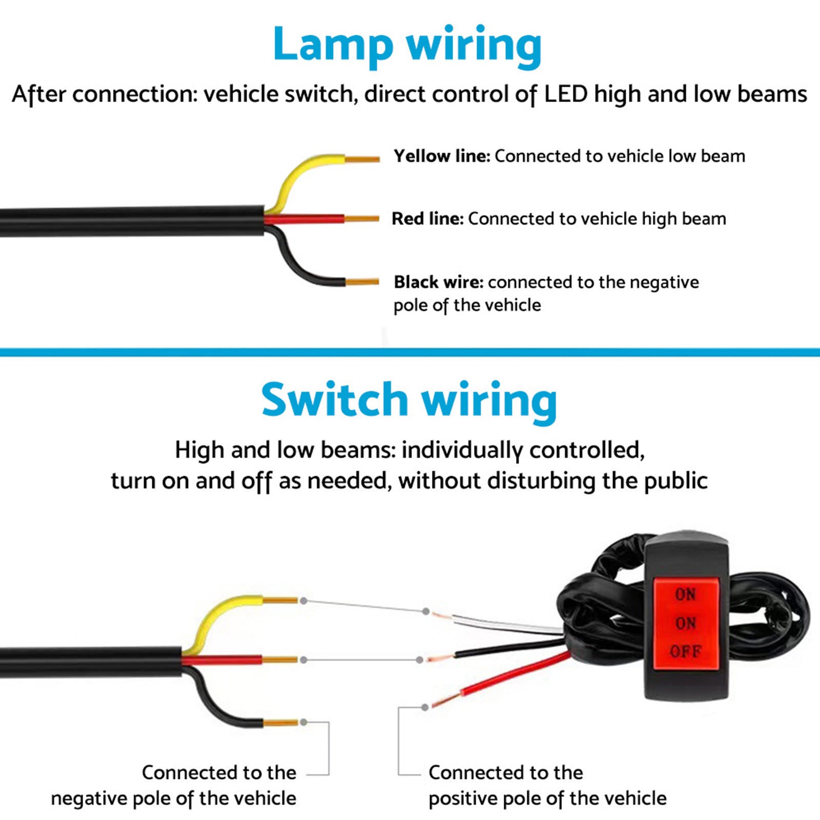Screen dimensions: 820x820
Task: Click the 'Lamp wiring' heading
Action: (x=407, y=45)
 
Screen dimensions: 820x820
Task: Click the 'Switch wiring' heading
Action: (x=409, y=401)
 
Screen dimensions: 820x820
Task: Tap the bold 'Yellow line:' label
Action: (x=442, y=156)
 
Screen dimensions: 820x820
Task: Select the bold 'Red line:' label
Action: (x=427, y=219)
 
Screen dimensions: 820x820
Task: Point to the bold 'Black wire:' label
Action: (x=438, y=282)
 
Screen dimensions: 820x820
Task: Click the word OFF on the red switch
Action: (x=685, y=652)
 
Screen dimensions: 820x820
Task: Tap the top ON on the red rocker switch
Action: (x=685, y=594)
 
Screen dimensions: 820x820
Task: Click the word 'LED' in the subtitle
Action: (x=565, y=94)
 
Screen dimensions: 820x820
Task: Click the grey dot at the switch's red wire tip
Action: (x=425, y=707)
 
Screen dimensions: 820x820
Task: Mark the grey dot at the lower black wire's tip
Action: (x=304, y=722)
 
